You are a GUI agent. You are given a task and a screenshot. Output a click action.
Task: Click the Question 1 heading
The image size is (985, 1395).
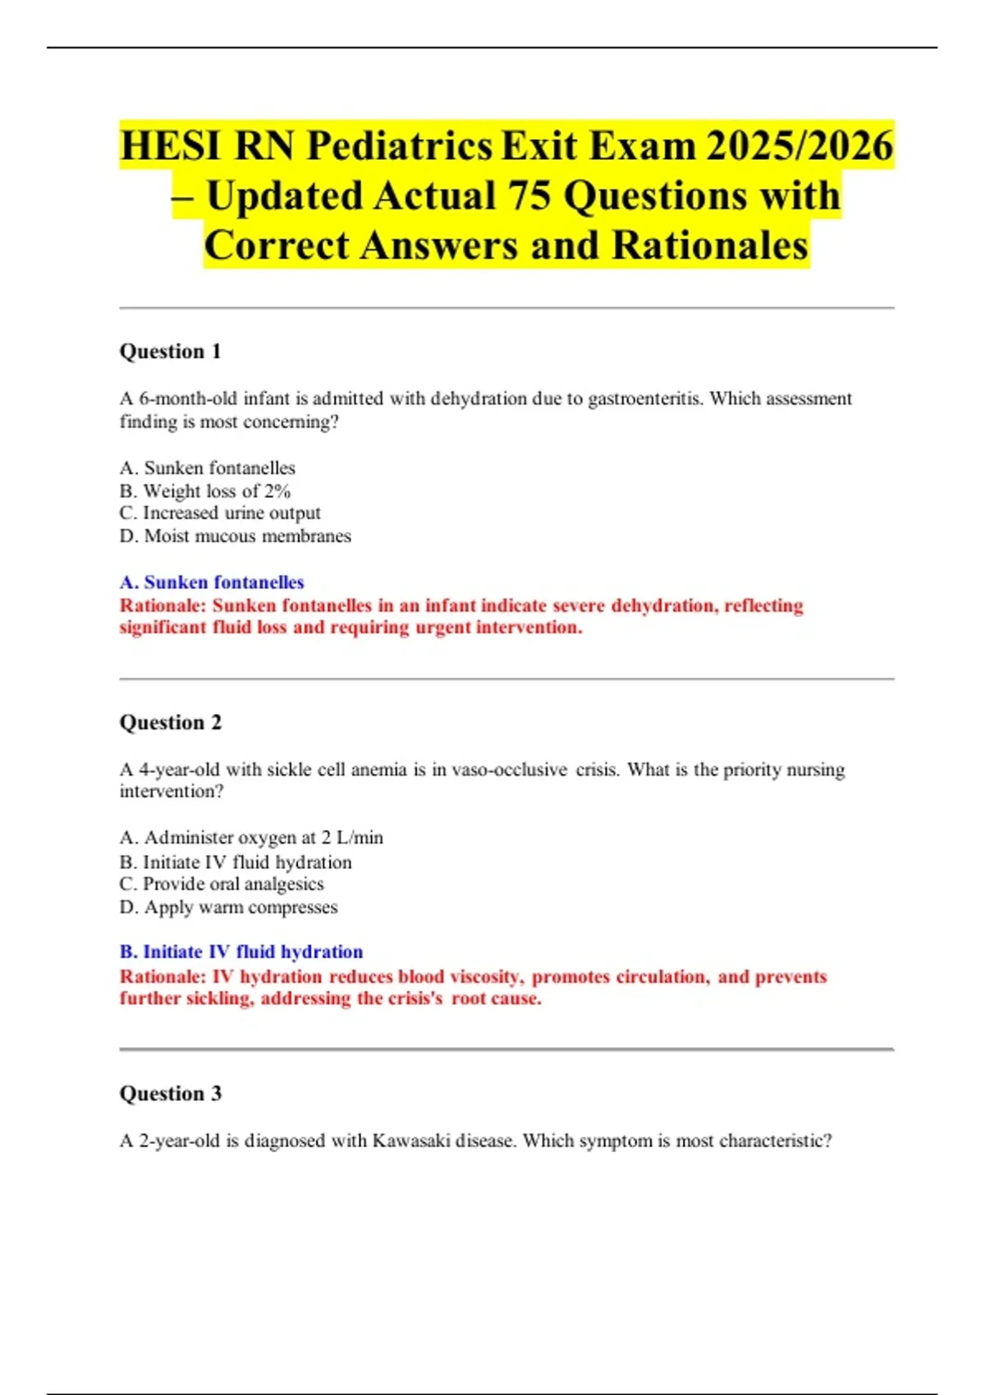tap(170, 351)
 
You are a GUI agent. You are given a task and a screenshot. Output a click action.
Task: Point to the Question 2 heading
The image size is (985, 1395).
tap(170, 722)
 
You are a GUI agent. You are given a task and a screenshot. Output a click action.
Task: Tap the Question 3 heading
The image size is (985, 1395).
tap(170, 1093)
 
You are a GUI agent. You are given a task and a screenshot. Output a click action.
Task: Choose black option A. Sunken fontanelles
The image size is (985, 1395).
tap(207, 468)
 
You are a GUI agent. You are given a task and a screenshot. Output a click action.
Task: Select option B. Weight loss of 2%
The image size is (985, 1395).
tap(204, 491)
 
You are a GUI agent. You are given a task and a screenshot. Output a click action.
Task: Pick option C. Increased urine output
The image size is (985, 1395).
tap(219, 513)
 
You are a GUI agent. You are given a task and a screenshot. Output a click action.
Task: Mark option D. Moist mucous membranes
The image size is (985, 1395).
tap(235, 536)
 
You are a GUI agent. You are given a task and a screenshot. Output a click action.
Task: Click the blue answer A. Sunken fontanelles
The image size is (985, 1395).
tap(212, 582)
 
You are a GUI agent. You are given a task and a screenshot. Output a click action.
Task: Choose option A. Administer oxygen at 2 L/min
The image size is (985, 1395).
tap(251, 838)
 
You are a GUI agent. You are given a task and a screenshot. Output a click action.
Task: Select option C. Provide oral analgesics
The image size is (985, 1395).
tap(222, 884)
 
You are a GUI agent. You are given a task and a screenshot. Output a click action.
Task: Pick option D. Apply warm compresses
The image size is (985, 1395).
tap(228, 907)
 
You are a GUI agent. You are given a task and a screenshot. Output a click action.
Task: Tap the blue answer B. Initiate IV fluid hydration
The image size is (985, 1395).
tap(241, 952)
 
